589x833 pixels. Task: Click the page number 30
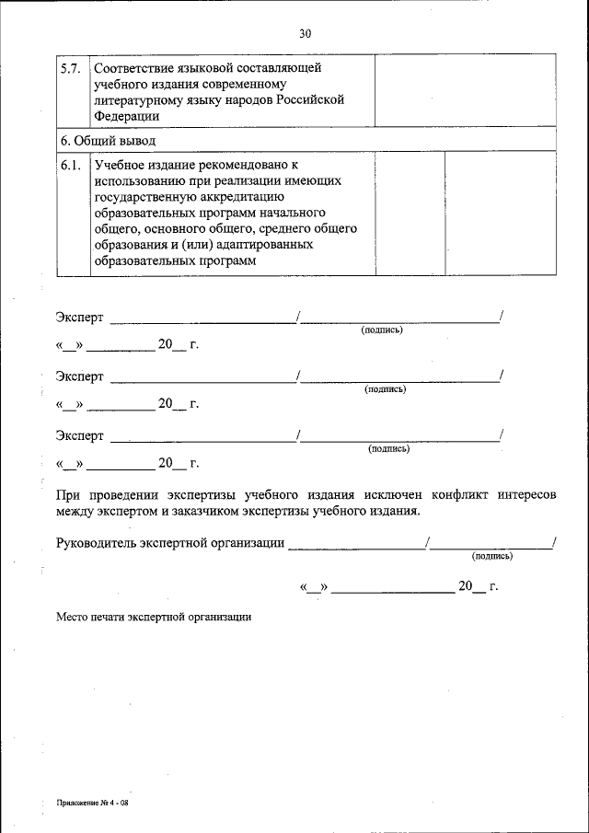click(305, 33)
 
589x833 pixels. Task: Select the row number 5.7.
click(71, 68)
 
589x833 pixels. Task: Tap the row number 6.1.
click(71, 165)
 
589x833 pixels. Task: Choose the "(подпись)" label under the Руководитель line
click(491, 556)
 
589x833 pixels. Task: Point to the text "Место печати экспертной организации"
click(153, 618)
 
